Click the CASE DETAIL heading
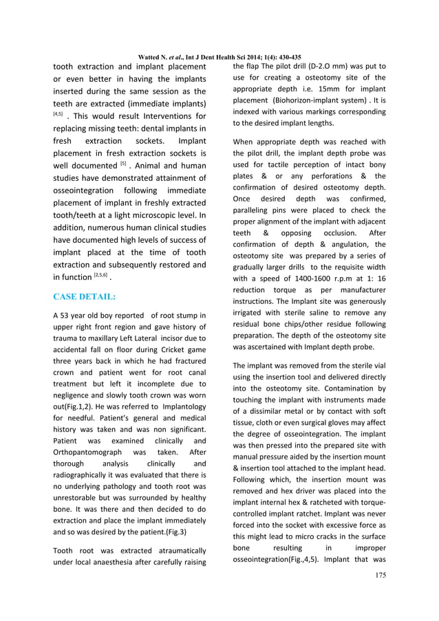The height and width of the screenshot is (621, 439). tap(84, 297)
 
